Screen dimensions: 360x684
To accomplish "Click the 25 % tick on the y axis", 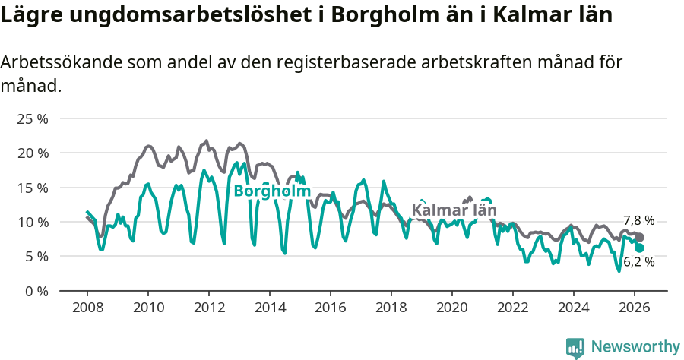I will [33, 119].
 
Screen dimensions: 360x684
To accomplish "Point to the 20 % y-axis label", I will [33, 153].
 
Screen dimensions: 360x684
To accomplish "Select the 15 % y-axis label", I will [33, 188].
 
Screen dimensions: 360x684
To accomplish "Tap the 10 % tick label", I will [33, 222].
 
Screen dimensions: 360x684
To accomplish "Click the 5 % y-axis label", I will [36, 256].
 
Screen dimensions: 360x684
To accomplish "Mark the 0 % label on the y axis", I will [36, 291].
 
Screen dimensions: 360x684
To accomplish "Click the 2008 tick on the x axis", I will [87, 308].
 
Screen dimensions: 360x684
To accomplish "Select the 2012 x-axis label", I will [208, 308].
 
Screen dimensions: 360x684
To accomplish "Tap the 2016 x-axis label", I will [330, 308].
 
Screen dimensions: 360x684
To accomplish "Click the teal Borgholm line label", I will [272, 191].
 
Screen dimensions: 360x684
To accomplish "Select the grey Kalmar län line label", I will [454, 210].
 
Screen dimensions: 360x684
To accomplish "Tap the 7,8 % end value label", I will [638, 220].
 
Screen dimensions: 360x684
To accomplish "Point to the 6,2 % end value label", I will [638, 262].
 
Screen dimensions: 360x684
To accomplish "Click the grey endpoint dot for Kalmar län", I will [639, 238].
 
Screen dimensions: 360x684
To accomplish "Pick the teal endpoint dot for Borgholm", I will [639, 248].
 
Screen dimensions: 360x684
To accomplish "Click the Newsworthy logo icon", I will [575, 348].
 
